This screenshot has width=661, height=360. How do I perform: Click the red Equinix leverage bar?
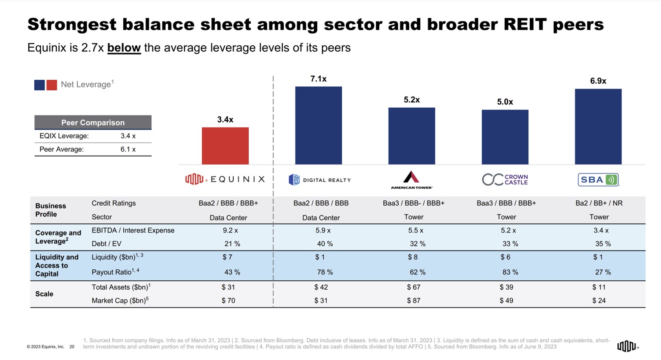pyautogui.click(x=225, y=145)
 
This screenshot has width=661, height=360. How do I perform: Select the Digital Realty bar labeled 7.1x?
pyautogui.click(x=318, y=125)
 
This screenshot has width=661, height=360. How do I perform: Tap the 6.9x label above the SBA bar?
pyautogui.click(x=598, y=81)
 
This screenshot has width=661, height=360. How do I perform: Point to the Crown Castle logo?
pyautogui.click(x=505, y=179)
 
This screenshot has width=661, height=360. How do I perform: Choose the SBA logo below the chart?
pyautogui.click(x=598, y=179)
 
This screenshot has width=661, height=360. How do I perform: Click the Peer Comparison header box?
pyautogui.click(x=93, y=123)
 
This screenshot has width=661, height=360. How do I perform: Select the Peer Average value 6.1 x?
pyautogui.click(x=128, y=149)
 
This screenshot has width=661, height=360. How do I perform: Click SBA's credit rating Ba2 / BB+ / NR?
pyautogui.click(x=599, y=203)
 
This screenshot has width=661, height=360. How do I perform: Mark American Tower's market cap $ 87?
pyautogui.click(x=414, y=301)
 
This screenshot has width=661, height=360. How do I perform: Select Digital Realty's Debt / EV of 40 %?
pyautogui.click(x=325, y=244)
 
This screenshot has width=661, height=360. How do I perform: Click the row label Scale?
pyautogui.click(x=44, y=294)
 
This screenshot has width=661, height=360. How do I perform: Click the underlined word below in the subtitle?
pyautogui.click(x=124, y=47)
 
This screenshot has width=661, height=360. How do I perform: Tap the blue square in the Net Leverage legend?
pyautogui.click(x=39, y=85)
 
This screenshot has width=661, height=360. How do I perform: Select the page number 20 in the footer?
pyautogui.click(x=72, y=346)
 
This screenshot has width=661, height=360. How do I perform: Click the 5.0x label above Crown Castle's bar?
pyautogui.click(x=505, y=102)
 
